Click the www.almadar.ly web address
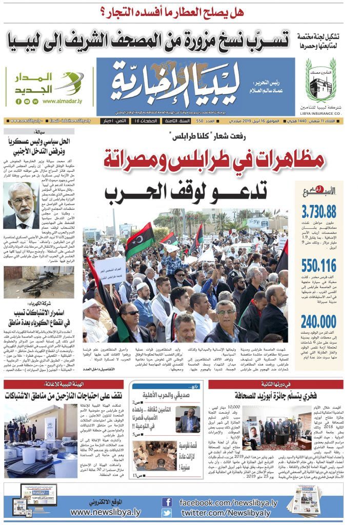tap(63, 101)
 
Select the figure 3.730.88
tap(319, 211)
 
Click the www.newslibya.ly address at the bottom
tap(105, 512)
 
